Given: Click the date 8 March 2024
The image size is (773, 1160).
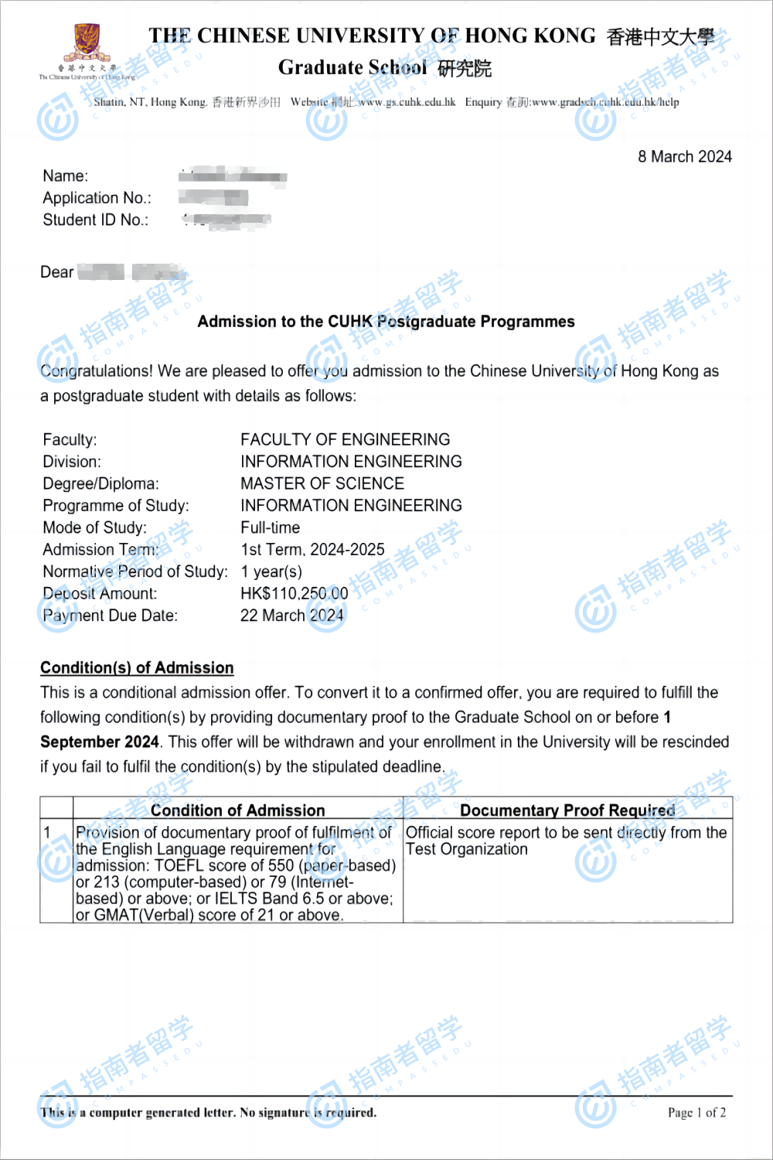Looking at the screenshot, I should click(x=684, y=157).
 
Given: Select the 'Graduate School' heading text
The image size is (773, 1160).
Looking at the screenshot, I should click(x=352, y=68).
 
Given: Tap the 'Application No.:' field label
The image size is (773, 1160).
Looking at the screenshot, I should click(x=97, y=198).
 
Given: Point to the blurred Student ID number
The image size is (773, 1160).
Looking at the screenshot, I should click(x=227, y=220).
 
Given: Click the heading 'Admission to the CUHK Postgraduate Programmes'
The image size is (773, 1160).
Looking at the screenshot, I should click(x=386, y=322).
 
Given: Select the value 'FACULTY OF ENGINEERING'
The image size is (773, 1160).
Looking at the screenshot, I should click(x=345, y=440).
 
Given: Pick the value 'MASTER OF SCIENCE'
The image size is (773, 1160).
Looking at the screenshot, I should click(x=322, y=484).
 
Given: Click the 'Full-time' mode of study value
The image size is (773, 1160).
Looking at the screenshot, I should click(x=270, y=528).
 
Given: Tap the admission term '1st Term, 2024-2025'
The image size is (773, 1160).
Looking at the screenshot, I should click(x=312, y=550).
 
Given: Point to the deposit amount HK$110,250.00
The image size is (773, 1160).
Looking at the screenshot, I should click(x=294, y=594).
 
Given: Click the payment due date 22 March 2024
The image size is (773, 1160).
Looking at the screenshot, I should click(x=291, y=616).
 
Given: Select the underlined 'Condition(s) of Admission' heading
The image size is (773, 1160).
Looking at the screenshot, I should click(x=137, y=667).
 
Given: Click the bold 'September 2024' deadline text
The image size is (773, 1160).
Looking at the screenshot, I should click(x=100, y=742).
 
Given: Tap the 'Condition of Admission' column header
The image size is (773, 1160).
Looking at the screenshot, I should click(x=237, y=810).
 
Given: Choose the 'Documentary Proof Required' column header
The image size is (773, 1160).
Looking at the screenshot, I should click(x=567, y=810).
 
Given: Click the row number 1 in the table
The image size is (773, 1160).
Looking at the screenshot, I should click(x=48, y=833).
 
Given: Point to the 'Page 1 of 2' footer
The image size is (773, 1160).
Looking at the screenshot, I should click(x=696, y=1113).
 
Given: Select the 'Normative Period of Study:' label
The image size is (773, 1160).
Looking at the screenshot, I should click(x=135, y=572).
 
